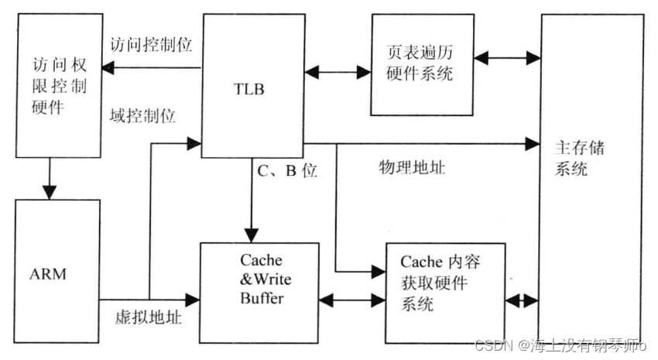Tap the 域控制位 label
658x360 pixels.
[143, 117]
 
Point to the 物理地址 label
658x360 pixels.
[411, 167]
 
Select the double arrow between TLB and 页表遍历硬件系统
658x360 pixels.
[338, 72]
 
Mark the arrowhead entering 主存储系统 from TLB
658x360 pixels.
[533, 143]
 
